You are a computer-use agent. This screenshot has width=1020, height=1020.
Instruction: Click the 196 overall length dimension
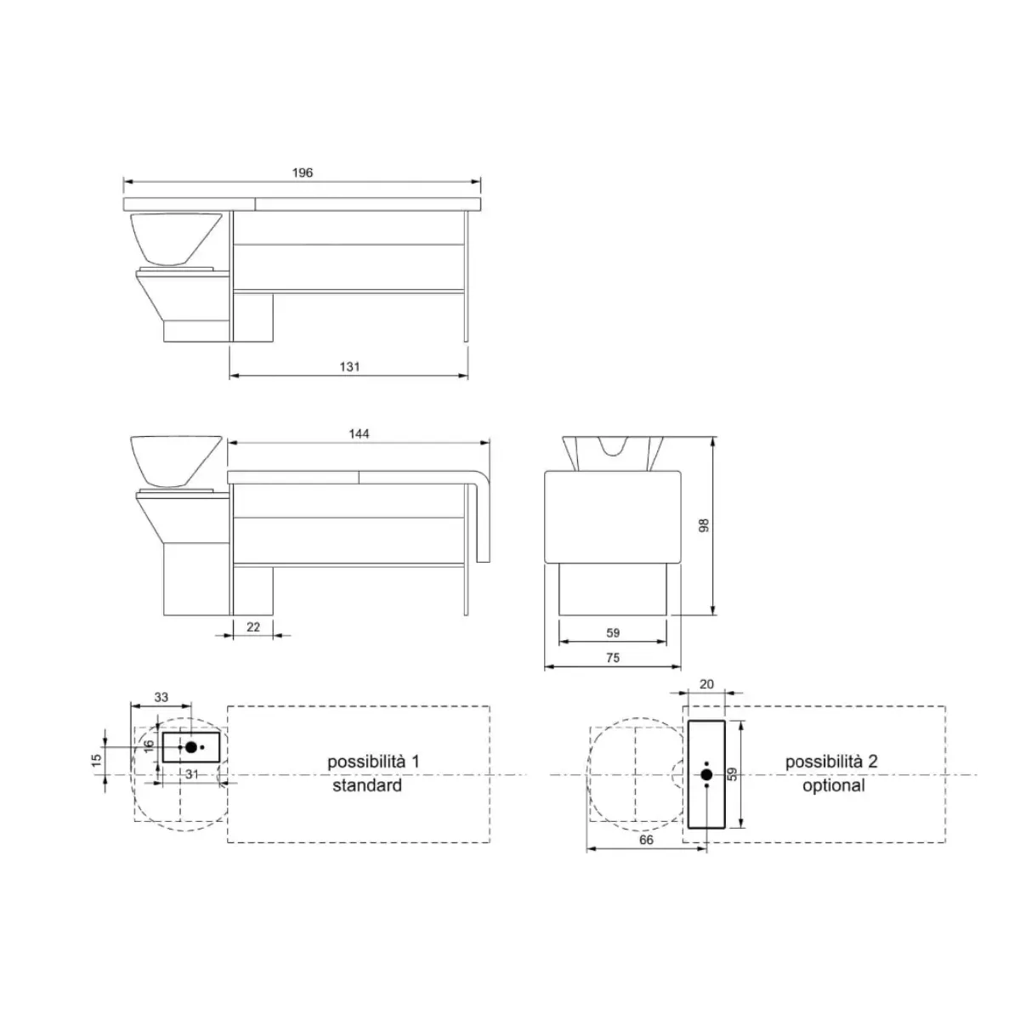303,173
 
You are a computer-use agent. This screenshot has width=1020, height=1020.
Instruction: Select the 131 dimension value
349,366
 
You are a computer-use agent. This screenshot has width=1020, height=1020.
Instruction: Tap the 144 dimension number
359,433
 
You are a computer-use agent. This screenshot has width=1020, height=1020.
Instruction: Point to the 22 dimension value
253,626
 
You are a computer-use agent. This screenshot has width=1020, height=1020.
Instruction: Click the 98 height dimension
704,525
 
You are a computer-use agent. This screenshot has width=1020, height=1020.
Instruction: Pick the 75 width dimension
612,657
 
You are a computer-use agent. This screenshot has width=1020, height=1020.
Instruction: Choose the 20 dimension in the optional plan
706,684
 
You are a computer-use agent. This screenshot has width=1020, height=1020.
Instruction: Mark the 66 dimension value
646,840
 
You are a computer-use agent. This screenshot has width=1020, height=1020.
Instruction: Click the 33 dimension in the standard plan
161,697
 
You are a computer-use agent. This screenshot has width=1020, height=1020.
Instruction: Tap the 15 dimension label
96,760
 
